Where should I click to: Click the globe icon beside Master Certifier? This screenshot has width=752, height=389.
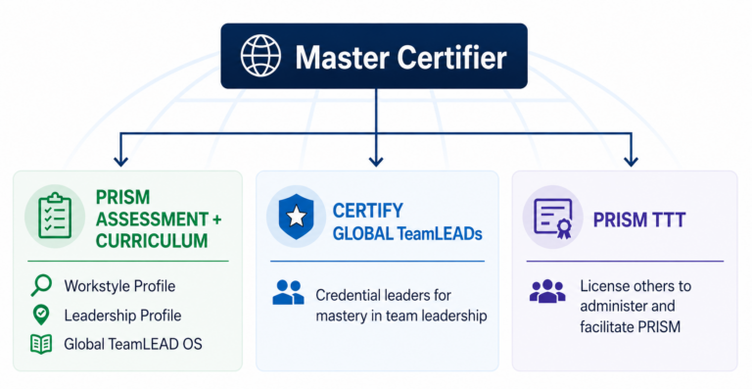coord(260,55)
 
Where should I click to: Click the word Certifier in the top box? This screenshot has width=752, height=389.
coord(451,57)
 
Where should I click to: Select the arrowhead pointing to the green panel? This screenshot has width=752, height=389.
coord(120,160)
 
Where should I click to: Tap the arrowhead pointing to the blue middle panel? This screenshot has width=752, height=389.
coord(376,160)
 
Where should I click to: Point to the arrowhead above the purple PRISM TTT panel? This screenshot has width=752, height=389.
coord(632,160)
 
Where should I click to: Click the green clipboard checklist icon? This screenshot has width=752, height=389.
coord(55,216)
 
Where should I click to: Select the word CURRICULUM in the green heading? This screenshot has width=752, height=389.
coord(152,241)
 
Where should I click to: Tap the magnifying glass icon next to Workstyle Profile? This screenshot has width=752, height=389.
coord(41,285)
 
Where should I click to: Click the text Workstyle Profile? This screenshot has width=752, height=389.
coord(119,286)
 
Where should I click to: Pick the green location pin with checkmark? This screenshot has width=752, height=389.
coord(41,315)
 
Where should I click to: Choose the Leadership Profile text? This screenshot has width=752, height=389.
coord(122,316)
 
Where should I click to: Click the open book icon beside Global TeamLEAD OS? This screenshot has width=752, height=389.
coord(41,344)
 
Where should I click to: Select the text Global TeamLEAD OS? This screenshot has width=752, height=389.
coord(133,344)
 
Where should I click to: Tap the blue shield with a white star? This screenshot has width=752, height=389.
coord(297,217)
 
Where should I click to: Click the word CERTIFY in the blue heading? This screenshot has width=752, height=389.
coord(368,211)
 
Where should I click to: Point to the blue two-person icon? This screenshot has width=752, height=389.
coord(288,292)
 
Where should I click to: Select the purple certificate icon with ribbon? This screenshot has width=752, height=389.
coord(553,219)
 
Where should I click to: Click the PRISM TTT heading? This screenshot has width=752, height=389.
coord(639,220)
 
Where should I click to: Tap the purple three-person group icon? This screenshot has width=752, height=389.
coord(547,291)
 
